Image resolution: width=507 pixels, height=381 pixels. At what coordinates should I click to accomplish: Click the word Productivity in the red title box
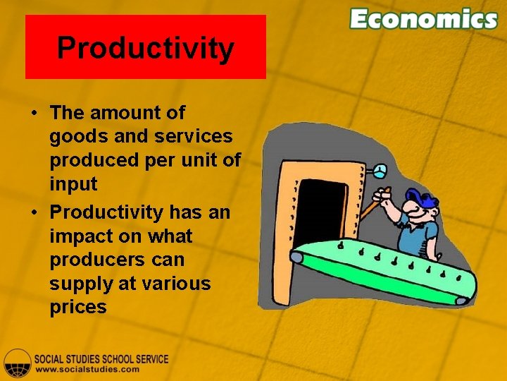pyautogui.click(x=145, y=48)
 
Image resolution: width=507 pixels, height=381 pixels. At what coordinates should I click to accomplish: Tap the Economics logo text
pyautogui.click(x=423, y=19)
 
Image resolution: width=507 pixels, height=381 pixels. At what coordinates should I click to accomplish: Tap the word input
pyautogui.click(x=73, y=185)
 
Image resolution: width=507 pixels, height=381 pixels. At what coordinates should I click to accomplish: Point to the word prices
pyautogui.click(x=78, y=308)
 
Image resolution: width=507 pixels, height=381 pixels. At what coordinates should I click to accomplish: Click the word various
pyautogui.click(x=176, y=284)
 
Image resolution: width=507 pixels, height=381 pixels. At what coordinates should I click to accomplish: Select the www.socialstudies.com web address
pyautogui.click(x=87, y=369)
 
